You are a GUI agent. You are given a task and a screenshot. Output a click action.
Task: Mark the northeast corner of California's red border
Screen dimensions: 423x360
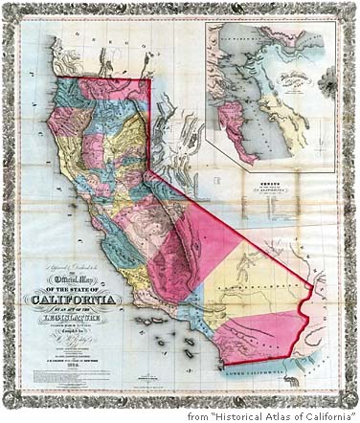150,78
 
